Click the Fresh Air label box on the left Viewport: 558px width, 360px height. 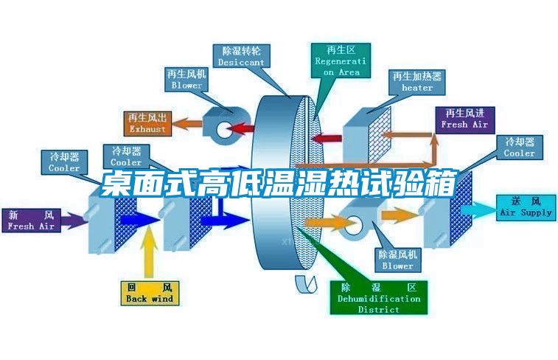pos(31,221)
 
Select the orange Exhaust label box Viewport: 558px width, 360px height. pos(148,123)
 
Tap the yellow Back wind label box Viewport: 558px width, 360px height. pos(150,293)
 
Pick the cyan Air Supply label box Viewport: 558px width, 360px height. pos(526,207)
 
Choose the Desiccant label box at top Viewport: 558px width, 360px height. pos(241,57)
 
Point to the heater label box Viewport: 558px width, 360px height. pos(417,82)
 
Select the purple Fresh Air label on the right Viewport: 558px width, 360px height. pos(464,119)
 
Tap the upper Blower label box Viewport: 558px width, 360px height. pos(186,80)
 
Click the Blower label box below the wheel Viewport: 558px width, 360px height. pos(397,260)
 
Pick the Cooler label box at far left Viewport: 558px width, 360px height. pos(64,162)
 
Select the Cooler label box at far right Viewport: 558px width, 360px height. pos(520,148)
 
